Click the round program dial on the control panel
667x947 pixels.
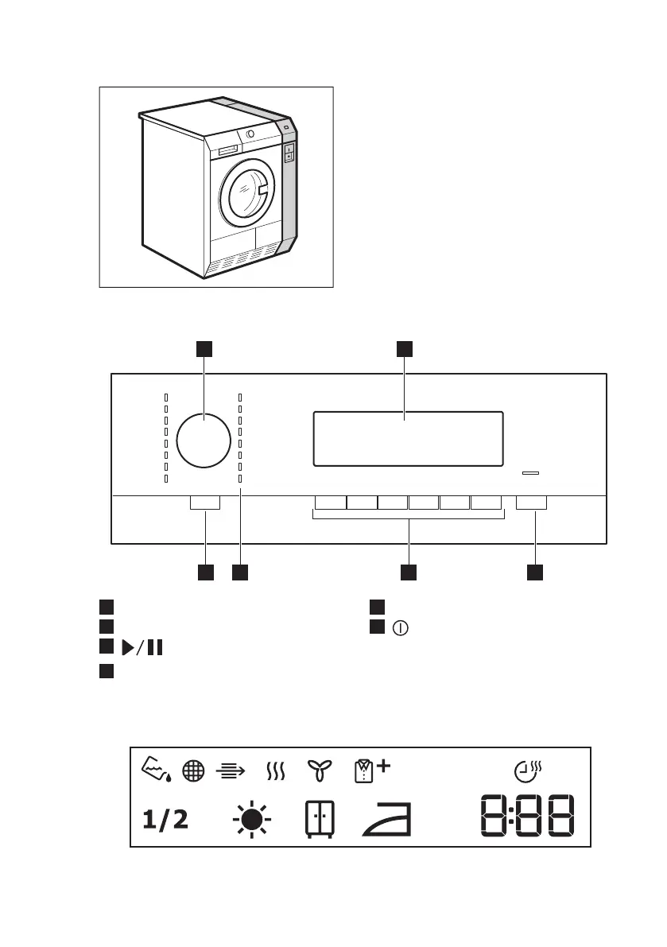coord(204,441)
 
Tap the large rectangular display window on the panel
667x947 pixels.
coord(408,439)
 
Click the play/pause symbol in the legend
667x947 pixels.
coord(142,647)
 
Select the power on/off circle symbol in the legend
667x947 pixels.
coord(400,628)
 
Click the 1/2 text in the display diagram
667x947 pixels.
coord(165,820)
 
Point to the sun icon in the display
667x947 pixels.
coord(252,820)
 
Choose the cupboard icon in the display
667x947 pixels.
coord(320,820)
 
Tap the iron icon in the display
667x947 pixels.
coord(387,820)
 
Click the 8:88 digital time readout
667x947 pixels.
coord(528,816)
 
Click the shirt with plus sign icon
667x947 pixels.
coord(372,770)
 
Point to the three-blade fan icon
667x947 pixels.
coord(320,770)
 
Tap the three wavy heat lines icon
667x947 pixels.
coord(276,771)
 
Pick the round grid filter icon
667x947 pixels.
coord(193,770)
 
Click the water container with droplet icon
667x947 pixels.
coord(157,770)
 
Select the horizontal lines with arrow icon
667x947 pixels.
coord(231,770)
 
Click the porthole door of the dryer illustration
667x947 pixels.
coord(246,192)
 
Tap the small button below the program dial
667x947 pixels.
coord(205,503)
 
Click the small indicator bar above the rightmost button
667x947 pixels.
coord(530,473)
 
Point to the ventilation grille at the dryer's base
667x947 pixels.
coord(246,258)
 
